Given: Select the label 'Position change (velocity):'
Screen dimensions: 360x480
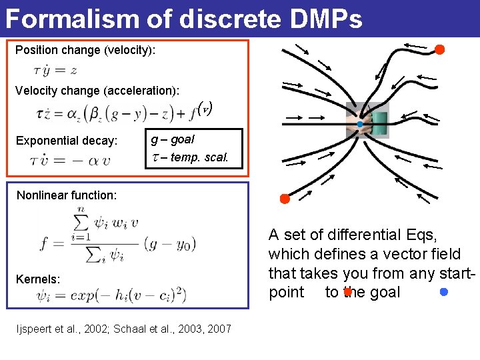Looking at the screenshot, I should [85, 50].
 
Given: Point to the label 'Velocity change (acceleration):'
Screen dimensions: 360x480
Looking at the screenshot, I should [97, 90].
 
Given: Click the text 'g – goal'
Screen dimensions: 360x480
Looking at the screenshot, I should [173, 140].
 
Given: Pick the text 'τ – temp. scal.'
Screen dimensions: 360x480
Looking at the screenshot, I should [190, 158].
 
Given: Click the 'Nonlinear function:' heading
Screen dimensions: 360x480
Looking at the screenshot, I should [67, 195].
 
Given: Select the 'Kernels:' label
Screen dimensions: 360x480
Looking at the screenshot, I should [38, 279].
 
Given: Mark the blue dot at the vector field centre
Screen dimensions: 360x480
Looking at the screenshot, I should [359, 125].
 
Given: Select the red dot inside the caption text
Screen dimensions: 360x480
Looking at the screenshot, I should [347, 292].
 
